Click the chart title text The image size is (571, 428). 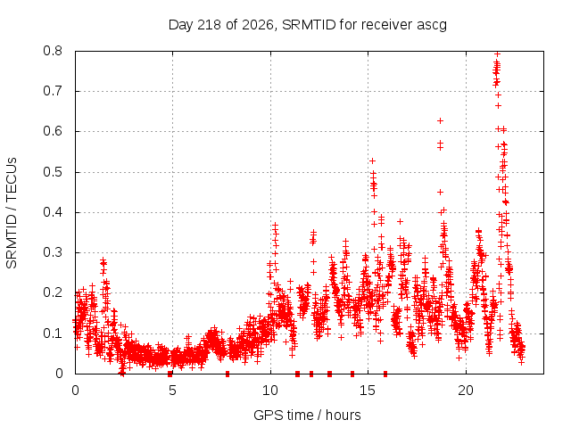pyautogui.click(x=308, y=25)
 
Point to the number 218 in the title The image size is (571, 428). pyautogui.click(x=209, y=25)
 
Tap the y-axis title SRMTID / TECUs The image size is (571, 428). pyautogui.click(x=12, y=213)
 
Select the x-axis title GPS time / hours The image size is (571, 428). pyautogui.click(x=307, y=415)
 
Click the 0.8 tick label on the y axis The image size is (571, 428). pyautogui.click(x=53, y=51)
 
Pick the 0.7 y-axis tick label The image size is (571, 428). pyautogui.click(x=53, y=91)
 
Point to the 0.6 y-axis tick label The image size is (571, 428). pyautogui.click(x=53, y=131)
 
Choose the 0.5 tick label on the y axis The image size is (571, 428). pyautogui.click(x=53, y=172)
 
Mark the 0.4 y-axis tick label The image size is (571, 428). pyautogui.click(x=53, y=212)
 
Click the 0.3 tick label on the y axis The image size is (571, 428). pyautogui.click(x=53, y=252)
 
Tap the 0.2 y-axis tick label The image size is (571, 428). pyautogui.click(x=53, y=292)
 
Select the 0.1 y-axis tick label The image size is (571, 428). pyautogui.click(x=53, y=333)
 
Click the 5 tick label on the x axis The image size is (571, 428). pyautogui.click(x=172, y=391)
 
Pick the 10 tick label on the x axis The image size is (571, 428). pyautogui.click(x=270, y=391)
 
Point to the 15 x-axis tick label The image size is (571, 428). pyautogui.click(x=368, y=391)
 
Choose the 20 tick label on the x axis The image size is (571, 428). pyautogui.click(x=466, y=391)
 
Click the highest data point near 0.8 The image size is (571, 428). pyautogui.click(x=497, y=53)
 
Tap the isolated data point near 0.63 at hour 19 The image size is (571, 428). pyautogui.click(x=440, y=121)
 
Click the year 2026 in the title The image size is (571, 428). pyautogui.click(x=257, y=25)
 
